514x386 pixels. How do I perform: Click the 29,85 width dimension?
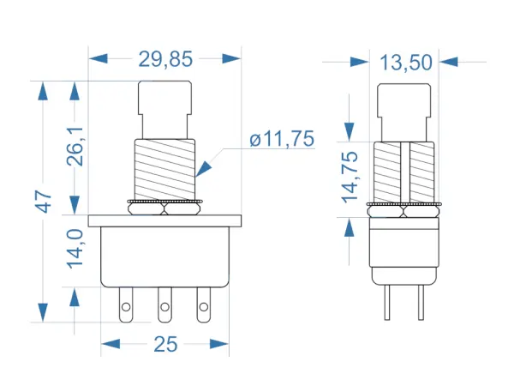click(165, 59)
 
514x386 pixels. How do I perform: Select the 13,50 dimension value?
click(406, 63)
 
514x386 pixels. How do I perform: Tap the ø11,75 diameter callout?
click(282, 139)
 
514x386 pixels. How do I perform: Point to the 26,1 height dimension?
click(75, 146)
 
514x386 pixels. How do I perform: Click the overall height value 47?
click(44, 201)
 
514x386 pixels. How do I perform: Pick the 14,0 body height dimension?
click(75, 249)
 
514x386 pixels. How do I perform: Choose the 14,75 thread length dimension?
click(350, 177)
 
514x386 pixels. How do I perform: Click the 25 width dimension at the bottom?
click(165, 344)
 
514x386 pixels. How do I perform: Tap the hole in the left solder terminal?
click(126, 307)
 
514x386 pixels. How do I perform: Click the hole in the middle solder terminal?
click(164, 307)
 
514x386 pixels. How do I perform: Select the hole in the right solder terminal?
click(204, 307)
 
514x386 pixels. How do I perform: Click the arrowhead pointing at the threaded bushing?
click(203, 169)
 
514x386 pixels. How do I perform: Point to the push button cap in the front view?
click(164, 110)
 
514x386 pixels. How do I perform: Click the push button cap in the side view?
click(403, 112)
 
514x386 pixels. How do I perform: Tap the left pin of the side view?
click(387, 303)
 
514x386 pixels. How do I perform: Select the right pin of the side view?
click(421, 303)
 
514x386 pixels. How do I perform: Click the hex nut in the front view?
click(164, 208)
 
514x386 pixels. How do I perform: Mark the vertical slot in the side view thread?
click(405, 172)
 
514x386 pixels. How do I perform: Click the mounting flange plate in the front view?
click(164, 221)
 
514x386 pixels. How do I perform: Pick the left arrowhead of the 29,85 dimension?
click(98, 58)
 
